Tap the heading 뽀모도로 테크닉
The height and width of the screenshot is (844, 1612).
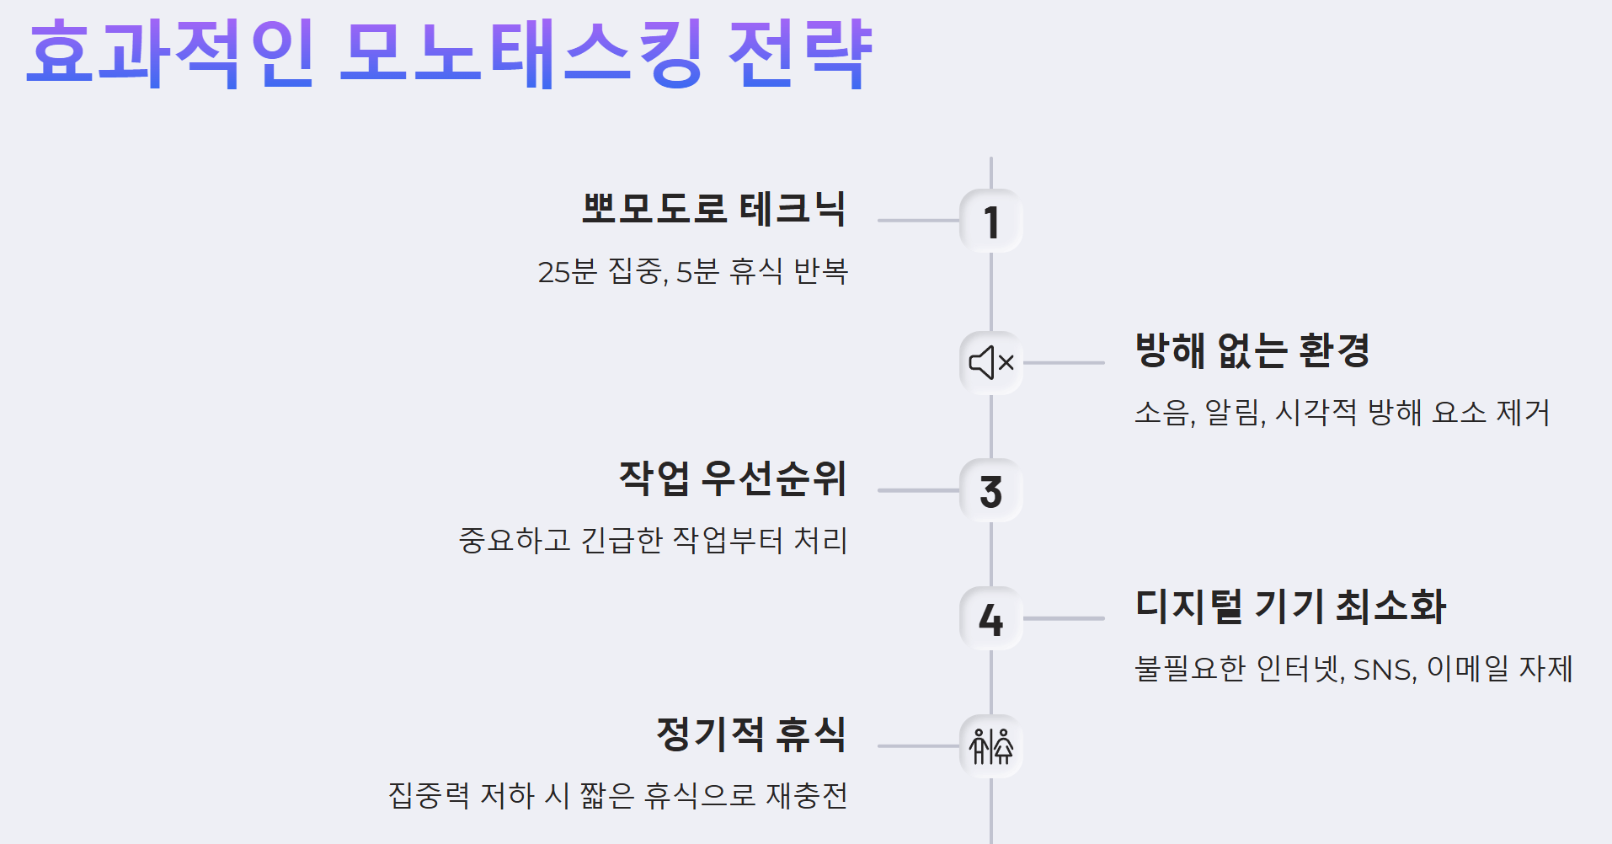point(713,209)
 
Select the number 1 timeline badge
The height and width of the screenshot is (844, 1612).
point(991,222)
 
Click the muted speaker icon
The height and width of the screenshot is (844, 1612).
point(991,363)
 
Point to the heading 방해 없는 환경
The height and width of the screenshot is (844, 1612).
point(1252,350)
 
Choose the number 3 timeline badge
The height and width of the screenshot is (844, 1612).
point(991,491)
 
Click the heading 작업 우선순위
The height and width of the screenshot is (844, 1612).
point(732,478)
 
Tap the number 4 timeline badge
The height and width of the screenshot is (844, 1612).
point(991,619)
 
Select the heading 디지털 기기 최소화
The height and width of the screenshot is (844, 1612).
point(1290,606)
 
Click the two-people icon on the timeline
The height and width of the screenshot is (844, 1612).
point(991,746)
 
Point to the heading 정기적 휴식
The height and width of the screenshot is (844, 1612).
point(750,734)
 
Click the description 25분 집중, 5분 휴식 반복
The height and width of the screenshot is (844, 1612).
point(692,272)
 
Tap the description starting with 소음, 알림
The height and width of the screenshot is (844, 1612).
point(1342,413)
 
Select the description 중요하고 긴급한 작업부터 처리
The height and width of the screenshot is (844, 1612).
point(653,540)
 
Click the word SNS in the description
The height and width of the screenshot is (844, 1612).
point(1384,670)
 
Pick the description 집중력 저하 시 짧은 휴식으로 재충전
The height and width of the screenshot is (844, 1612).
point(617,795)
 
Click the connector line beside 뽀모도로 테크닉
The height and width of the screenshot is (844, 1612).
point(918,221)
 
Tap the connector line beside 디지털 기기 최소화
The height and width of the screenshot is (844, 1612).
point(1064,618)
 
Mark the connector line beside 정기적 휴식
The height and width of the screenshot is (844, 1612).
point(918,745)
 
